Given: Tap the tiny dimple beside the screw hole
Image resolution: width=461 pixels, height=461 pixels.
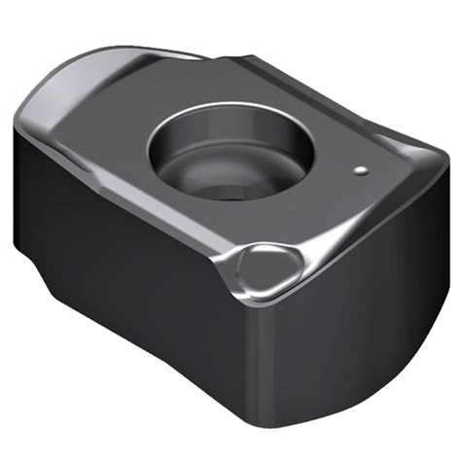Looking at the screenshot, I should pyautogui.click(x=362, y=172).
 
